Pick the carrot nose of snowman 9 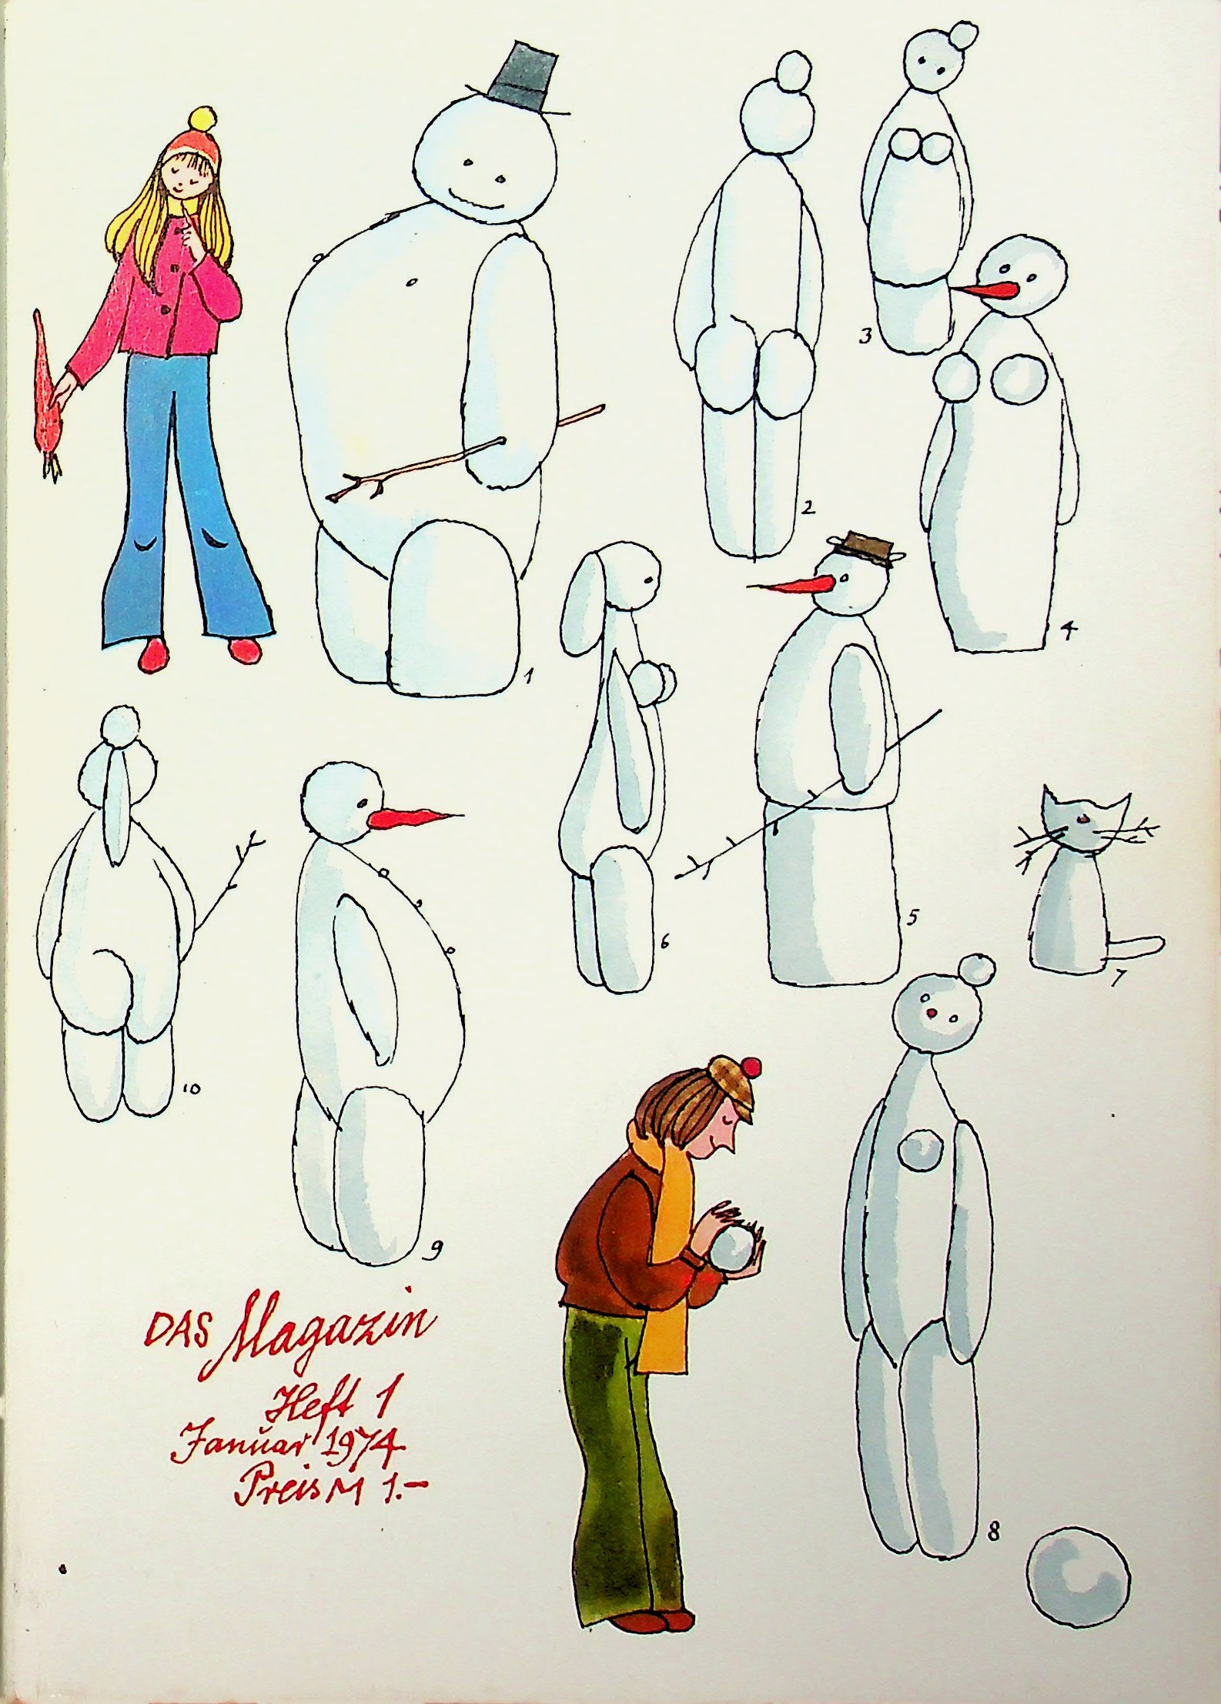click(413, 818)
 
